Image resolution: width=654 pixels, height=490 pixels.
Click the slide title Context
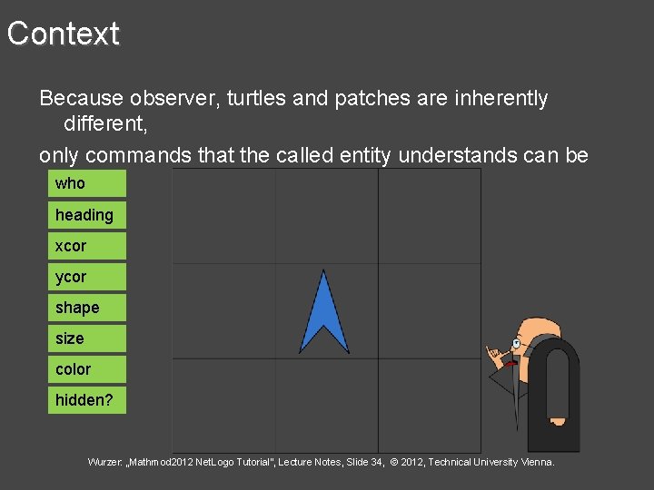coord(64,34)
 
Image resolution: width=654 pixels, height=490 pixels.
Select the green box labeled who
coord(86,184)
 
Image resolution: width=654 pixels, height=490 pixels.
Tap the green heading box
coord(86,215)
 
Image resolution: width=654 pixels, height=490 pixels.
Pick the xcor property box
coord(86,246)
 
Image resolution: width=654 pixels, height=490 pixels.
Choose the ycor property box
coord(86,277)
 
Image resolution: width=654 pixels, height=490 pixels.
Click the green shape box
coord(86,308)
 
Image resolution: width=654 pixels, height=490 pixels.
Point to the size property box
coord(86,338)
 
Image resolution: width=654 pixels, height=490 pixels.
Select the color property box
coord(86,369)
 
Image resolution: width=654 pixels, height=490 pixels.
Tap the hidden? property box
coord(86,400)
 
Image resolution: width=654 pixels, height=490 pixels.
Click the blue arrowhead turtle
coord(323,313)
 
